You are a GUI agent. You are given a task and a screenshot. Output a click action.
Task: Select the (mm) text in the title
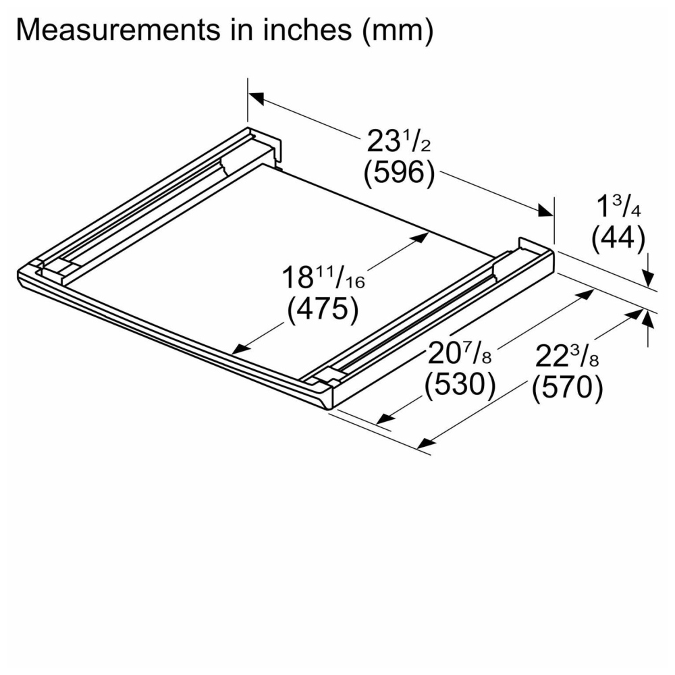coord(398,31)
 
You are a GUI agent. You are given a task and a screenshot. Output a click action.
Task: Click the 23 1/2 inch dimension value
coord(399,141)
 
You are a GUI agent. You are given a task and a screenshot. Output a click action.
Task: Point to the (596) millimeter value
coord(399,173)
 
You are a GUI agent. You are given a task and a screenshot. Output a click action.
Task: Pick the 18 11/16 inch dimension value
coord(323,277)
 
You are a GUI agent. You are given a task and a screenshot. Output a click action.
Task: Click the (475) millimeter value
coord(323,309)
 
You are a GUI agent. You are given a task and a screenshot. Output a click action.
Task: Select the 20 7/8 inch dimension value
coord(459,354)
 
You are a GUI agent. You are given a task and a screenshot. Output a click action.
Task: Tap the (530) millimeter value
coord(460,385)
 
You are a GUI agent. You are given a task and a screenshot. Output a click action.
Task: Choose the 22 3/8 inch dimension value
coord(567,356)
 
